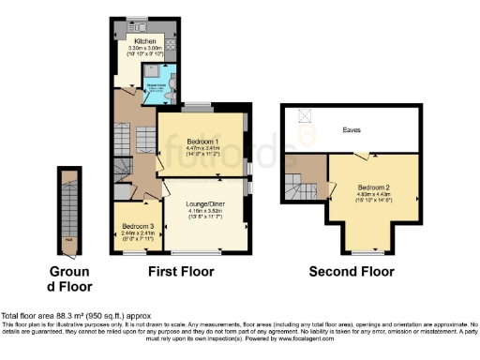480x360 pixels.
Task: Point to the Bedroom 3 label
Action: pyautogui.click(x=137, y=226)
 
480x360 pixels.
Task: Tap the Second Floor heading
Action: pyautogui.click(x=351, y=272)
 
